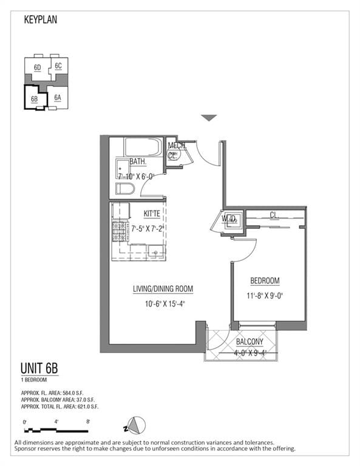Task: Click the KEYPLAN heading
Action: pos(41,19)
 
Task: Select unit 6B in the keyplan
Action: pos(35,98)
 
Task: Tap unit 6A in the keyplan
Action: pos(58,97)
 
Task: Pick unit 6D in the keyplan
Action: pos(37,67)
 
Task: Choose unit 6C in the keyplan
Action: pos(58,66)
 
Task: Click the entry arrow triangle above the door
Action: pos(209,118)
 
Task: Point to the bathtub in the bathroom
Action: pos(143,147)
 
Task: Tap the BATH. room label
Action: pos(138,163)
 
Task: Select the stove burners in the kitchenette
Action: pos(119,231)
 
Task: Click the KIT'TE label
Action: pos(152,214)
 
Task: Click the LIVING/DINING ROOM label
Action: pos(163,289)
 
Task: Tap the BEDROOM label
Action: pos(265,281)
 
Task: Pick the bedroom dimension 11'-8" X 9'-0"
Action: pos(265,295)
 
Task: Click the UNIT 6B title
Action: pos(39,369)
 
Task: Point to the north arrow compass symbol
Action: pos(137,424)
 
